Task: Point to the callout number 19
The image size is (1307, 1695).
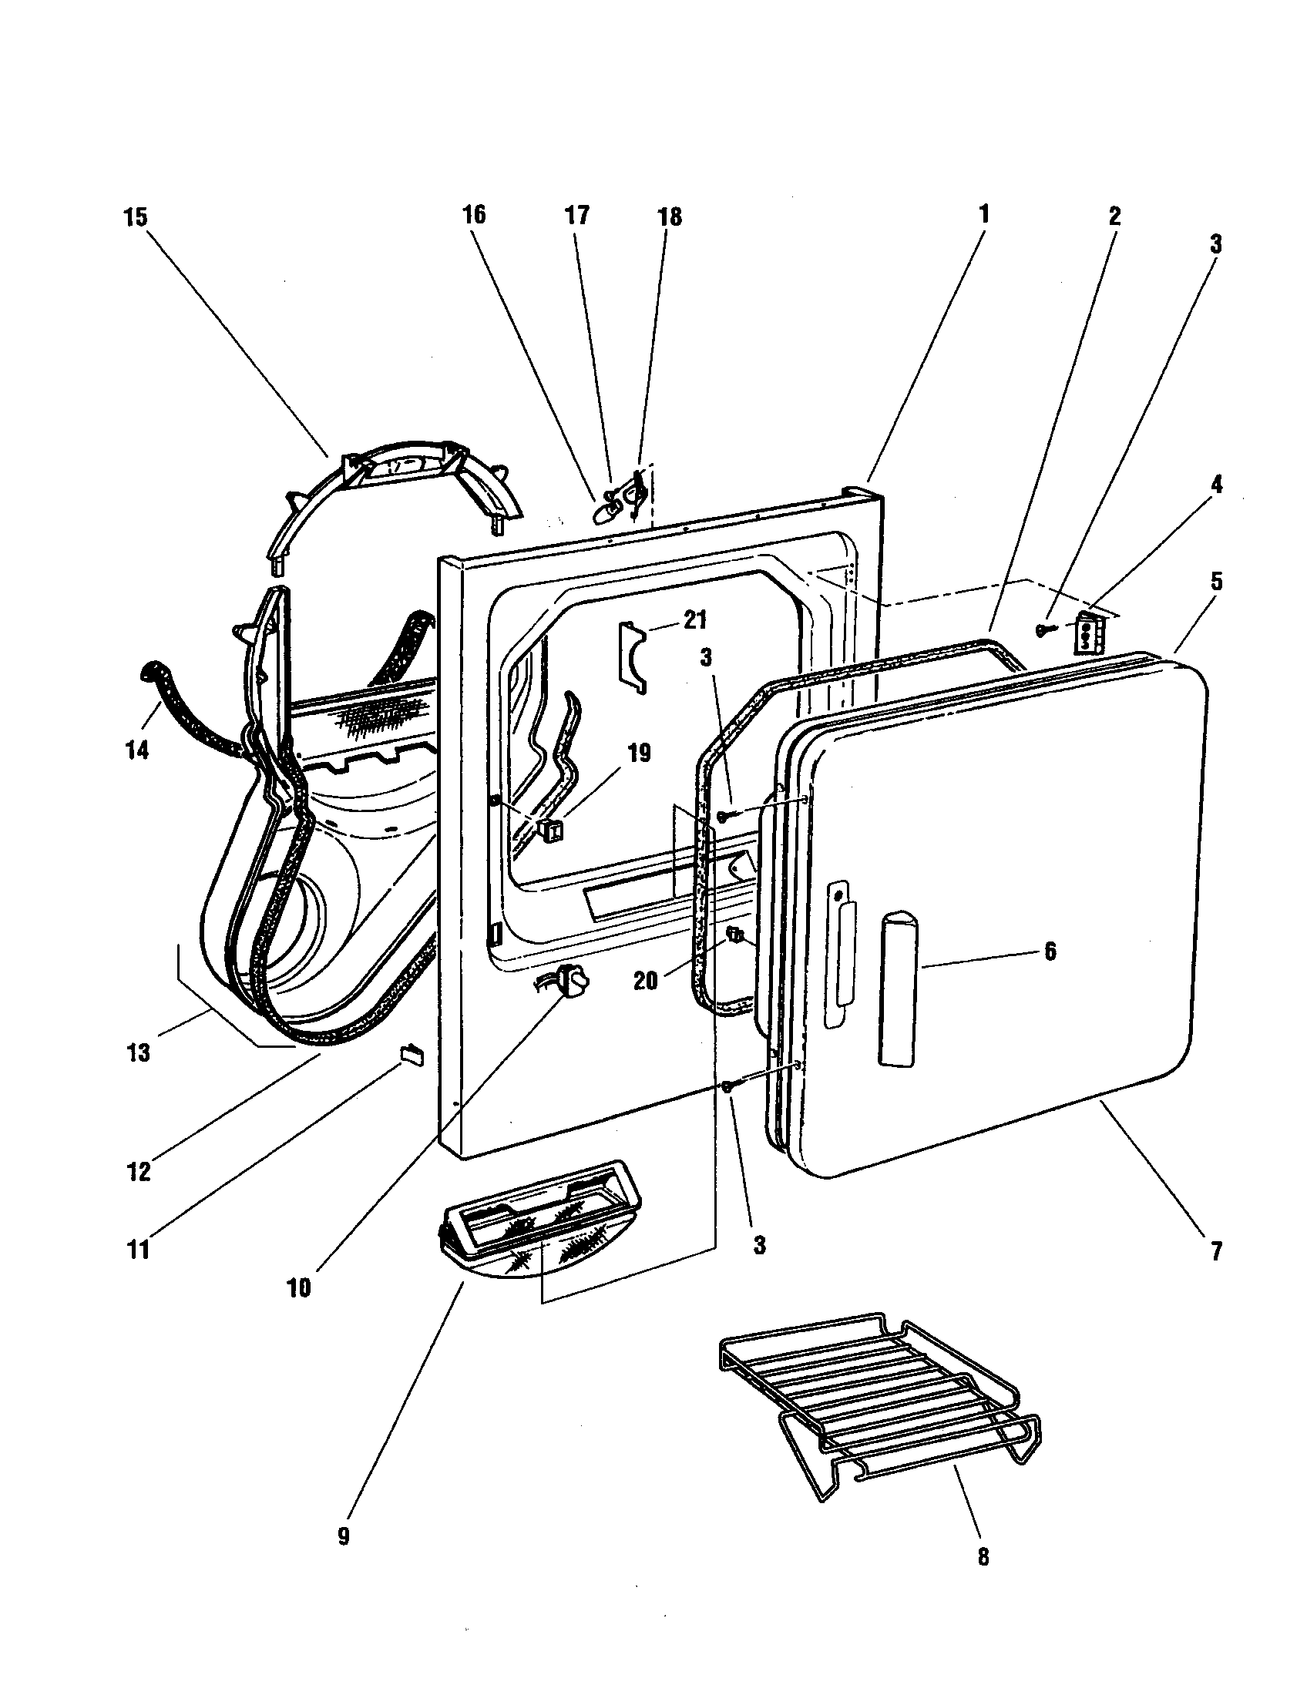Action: pyautogui.click(x=639, y=753)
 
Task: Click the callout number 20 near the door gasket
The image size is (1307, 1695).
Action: pyautogui.click(x=645, y=981)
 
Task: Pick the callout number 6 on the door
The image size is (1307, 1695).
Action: pyautogui.click(x=1050, y=951)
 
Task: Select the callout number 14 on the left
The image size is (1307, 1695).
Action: pyautogui.click(x=136, y=750)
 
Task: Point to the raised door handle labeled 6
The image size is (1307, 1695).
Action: pyautogui.click(x=898, y=985)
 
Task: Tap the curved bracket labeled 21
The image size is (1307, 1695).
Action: pyautogui.click(x=632, y=653)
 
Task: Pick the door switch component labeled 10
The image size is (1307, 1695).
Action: pyautogui.click(x=573, y=981)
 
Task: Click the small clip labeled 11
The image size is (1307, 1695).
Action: pyautogui.click(x=412, y=1054)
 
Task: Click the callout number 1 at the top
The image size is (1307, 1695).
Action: pyautogui.click(x=983, y=215)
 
